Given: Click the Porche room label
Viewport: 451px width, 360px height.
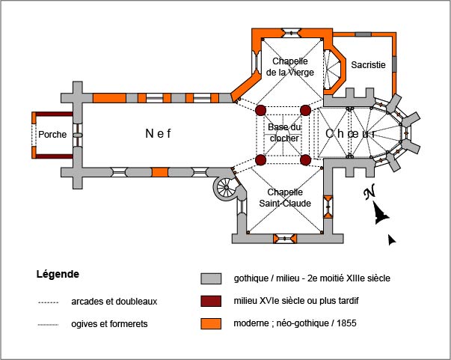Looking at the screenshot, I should coord(53,135).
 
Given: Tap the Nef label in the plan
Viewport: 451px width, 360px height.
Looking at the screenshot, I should coord(158,134).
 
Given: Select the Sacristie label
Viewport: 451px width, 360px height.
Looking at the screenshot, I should coord(368,65).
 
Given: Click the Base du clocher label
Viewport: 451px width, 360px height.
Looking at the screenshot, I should coord(283,132).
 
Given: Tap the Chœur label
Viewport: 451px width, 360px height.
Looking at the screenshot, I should coord(349,133).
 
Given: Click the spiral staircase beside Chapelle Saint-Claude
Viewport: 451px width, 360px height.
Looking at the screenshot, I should coord(224,189).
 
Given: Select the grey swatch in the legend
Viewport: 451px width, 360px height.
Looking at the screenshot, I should coord(211,278).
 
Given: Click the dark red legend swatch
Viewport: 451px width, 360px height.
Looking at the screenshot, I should coord(211,302).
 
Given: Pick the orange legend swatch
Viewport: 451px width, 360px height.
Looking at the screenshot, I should coord(211,325).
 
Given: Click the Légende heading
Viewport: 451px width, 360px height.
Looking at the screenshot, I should coord(58,275).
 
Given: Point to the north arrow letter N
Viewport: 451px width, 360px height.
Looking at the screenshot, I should coord(368,194).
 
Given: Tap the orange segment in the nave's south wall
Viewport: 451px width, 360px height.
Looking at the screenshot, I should coord(159,172).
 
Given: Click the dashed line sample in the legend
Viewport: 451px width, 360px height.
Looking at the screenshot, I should coord(49,302).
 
